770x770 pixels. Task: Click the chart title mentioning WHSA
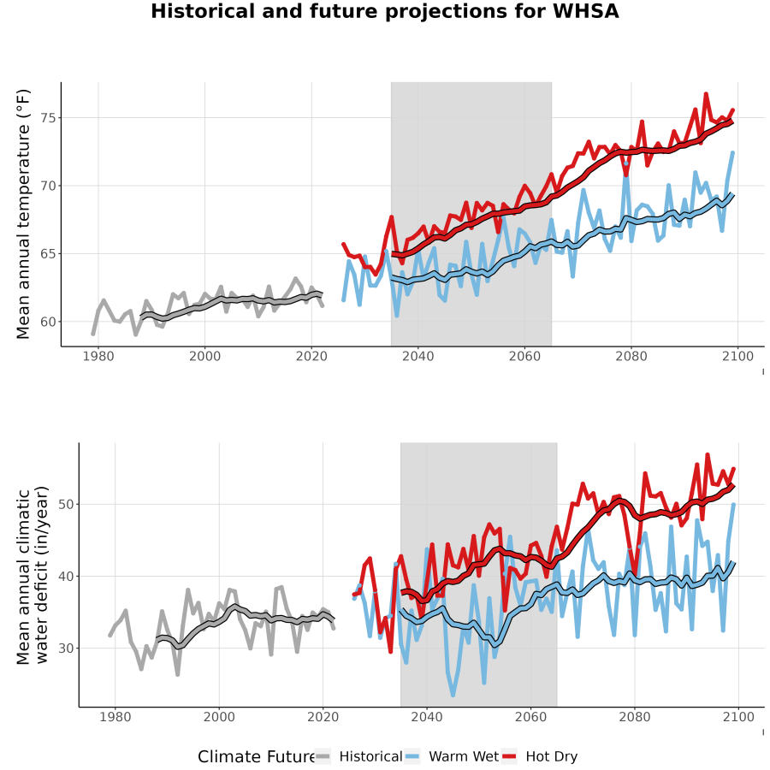[x=384, y=11]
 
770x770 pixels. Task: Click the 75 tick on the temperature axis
[x=48, y=118]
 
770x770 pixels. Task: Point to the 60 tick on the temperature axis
[x=48, y=323]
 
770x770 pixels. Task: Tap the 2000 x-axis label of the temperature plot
[x=204, y=356]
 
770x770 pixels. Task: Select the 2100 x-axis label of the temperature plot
[x=737, y=356]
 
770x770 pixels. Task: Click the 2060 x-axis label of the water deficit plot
[x=530, y=717]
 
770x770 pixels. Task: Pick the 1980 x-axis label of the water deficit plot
[x=115, y=717]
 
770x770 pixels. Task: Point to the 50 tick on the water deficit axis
[x=66, y=505]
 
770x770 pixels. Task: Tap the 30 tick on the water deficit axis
[x=66, y=649]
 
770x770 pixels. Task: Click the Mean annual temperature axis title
[x=23, y=214]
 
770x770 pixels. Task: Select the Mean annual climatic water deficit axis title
[x=33, y=575]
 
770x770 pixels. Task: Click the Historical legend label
[x=370, y=756]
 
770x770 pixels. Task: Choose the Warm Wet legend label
[x=464, y=756]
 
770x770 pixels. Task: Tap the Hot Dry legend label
[x=552, y=756]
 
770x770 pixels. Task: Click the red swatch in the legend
[x=510, y=756]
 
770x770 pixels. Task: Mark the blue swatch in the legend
[x=412, y=756]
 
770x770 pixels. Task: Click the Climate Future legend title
[x=256, y=756]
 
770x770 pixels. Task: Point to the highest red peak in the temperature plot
[x=706, y=93]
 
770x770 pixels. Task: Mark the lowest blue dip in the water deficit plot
[x=453, y=695]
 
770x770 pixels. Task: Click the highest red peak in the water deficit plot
[x=708, y=455]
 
